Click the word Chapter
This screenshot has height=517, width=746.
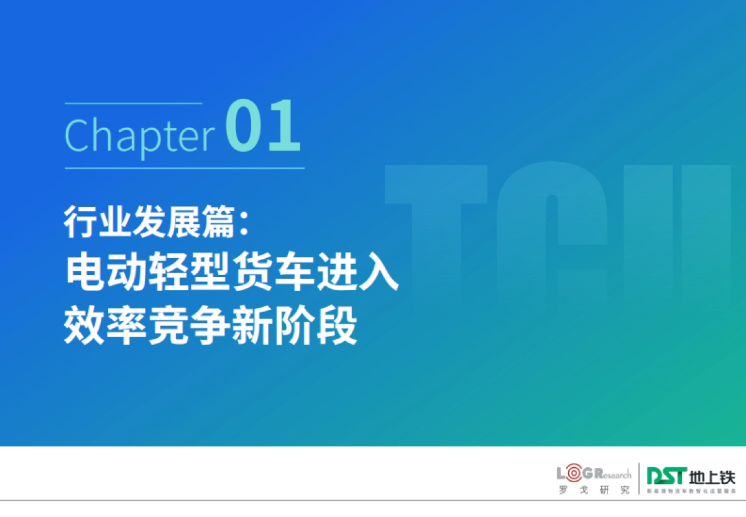coord(139,134)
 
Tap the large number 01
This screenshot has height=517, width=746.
coord(263,128)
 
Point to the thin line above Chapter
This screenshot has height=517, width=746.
coord(133,103)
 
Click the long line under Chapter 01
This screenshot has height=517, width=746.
coord(185,168)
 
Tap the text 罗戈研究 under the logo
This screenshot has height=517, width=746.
coord(594,490)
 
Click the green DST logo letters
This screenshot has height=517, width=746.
coord(665,477)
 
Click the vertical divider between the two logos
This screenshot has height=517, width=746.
coord(639,480)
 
